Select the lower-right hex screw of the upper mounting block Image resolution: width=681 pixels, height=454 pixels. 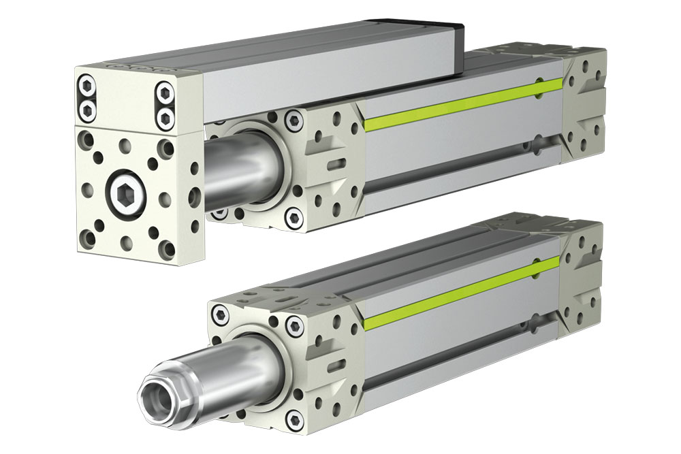pyautogui.click(x=165, y=117)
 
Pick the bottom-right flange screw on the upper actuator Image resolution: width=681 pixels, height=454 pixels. pyautogui.click(x=294, y=218)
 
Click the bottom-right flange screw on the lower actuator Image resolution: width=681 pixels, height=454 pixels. pyautogui.click(x=294, y=417)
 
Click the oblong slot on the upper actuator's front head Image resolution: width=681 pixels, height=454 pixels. pyautogui.click(x=335, y=163)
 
